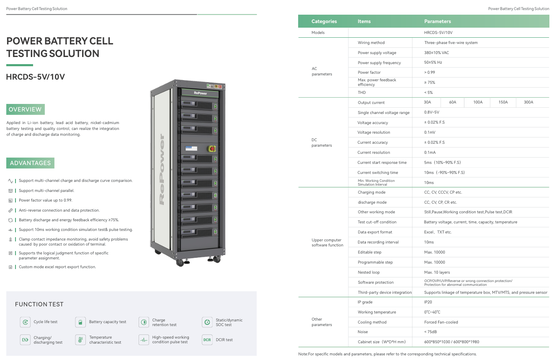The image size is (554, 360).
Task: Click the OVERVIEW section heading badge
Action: [x=25, y=109]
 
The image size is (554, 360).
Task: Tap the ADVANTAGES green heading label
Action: [x=30, y=163]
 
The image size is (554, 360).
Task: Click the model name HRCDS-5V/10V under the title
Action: [x=36, y=77]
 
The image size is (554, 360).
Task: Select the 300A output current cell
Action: [x=528, y=102]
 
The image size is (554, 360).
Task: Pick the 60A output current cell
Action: [x=453, y=102]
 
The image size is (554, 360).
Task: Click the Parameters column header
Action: [x=438, y=21]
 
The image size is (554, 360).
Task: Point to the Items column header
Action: [x=364, y=21]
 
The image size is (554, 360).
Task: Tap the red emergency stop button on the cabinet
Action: [x=212, y=148]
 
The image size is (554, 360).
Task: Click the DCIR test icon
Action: [x=207, y=339]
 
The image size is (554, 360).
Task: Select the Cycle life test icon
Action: [x=26, y=322]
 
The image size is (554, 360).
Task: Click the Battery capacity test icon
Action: [x=80, y=322]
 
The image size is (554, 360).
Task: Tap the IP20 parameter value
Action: [x=428, y=302]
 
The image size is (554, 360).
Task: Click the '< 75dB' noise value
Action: [x=430, y=332]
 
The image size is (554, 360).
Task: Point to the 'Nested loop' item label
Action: [x=368, y=272]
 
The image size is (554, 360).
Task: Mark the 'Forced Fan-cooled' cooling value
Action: [x=441, y=322]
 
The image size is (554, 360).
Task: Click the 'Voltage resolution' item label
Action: [x=374, y=132]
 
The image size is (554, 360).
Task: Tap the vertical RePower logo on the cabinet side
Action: [x=162, y=169]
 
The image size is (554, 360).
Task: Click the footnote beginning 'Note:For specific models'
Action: [x=387, y=354]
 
